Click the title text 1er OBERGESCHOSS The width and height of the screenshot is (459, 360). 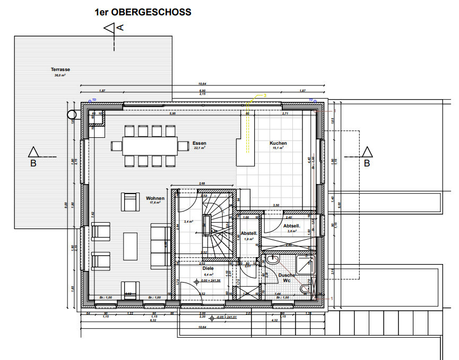pos(143,12)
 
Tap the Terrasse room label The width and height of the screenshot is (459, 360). pos(60,69)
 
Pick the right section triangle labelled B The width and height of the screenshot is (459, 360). pos(367,152)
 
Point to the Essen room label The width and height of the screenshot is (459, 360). pos(200,143)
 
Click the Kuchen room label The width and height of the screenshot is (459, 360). pos(278,143)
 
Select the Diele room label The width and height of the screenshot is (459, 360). pos(208,268)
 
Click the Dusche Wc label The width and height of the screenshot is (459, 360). pos(287,278)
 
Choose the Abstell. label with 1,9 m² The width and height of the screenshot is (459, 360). pos(249,233)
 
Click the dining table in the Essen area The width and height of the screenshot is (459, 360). pos(144,145)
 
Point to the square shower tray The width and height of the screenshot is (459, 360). pos(305,265)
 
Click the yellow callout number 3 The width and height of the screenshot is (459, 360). pos(264,95)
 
